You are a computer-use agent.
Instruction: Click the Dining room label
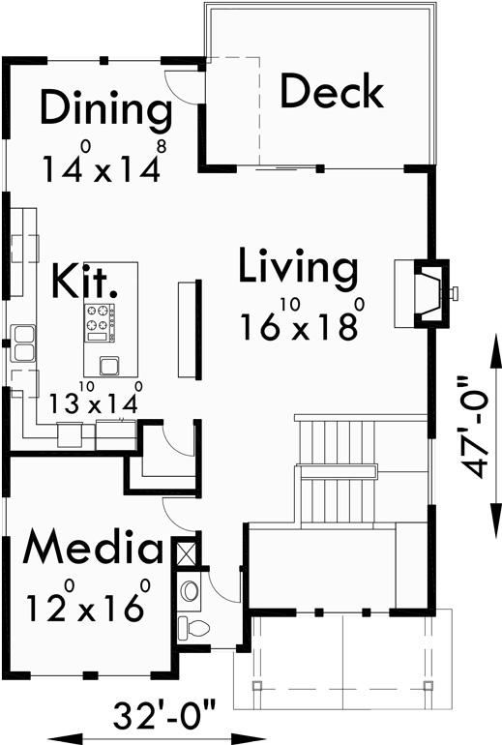click(x=105, y=108)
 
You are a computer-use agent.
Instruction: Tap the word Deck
click(x=332, y=92)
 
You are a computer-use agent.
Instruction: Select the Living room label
click(x=299, y=268)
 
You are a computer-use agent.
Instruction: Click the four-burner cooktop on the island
click(x=101, y=320)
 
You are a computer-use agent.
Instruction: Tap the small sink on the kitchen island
click(x=108, y=365)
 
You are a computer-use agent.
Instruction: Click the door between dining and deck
click(x=183, y=86)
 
